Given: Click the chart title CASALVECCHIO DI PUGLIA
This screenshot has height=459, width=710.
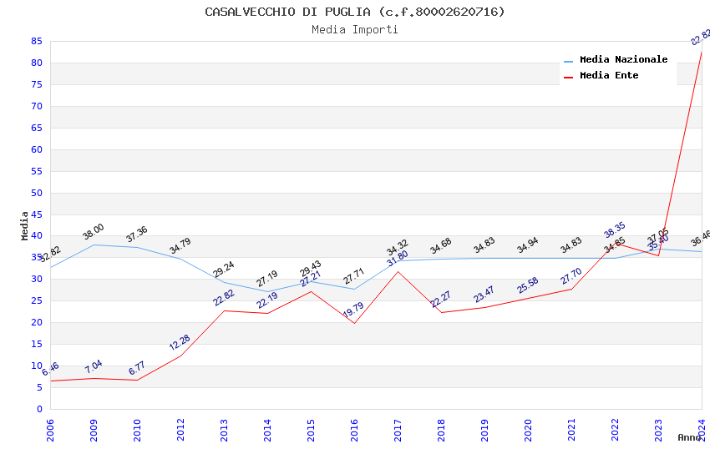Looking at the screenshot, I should (x=354, y=12).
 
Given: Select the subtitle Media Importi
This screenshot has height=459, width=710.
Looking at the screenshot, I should (x=354, y=29).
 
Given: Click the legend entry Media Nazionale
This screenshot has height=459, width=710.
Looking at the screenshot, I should (x=623, y=59).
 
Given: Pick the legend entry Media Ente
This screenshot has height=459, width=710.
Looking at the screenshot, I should (x=609, y=75).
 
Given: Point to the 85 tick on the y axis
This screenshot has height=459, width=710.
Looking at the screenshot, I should (x=36, y=41).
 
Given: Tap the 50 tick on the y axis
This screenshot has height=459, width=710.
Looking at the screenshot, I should (x=36, y=193).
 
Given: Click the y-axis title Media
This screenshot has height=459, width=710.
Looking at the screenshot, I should (x=25, y=225).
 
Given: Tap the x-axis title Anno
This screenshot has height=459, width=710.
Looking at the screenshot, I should (x=689, y=437).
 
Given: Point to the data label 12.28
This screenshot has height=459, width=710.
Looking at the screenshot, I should (x=180, y=342).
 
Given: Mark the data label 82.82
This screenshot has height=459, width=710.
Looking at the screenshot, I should (x=700, y=38).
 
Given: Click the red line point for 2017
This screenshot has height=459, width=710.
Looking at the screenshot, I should (x=398, y=271).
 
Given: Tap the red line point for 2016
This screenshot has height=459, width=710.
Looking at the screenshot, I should (x=354, y=323).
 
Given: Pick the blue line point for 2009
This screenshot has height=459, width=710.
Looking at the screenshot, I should (x=94, y=245).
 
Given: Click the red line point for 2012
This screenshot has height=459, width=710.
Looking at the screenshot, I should (x=180, y=356).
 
